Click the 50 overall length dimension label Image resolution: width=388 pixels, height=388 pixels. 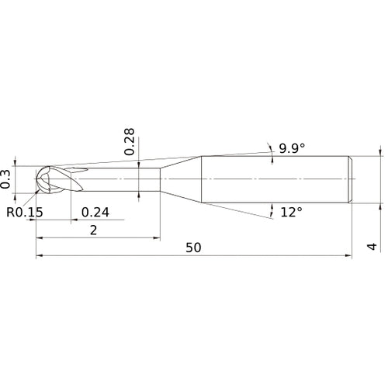(193, 248)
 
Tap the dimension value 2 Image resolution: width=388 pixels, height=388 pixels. (93, 230)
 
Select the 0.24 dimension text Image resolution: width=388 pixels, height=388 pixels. (95, 213)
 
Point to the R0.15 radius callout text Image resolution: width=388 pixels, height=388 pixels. (25, 213)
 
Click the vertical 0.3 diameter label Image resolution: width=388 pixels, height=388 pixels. (5, 179)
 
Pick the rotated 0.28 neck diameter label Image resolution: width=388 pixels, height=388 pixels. (130, 141)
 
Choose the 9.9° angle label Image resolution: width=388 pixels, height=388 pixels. (292, 148)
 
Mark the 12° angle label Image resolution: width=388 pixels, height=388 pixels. (291, 213)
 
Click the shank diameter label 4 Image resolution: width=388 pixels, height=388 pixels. (372, 247)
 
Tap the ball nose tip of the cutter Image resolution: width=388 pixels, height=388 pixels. (36, 179)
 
